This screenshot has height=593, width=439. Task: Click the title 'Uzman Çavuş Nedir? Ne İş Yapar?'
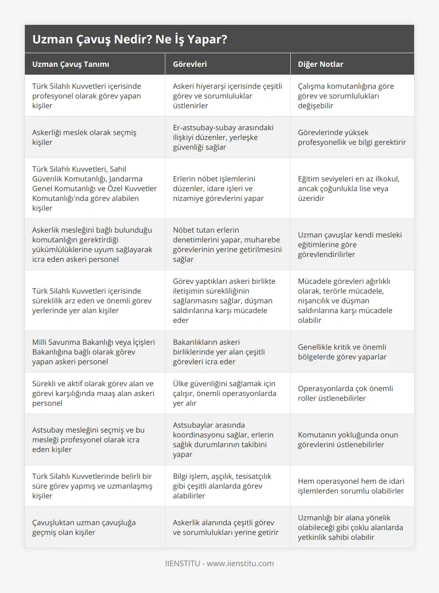130,40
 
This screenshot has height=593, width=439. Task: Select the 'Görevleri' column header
190,64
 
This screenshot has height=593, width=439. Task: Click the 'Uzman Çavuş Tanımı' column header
71,64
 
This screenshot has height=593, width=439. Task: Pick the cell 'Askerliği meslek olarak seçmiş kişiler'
84,137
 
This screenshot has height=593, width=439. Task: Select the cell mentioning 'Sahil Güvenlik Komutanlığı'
95,188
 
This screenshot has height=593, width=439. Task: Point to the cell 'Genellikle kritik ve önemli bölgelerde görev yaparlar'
342,352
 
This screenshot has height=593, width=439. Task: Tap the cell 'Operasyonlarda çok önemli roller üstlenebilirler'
345,393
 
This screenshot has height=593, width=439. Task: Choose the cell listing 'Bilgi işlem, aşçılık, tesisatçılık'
222,486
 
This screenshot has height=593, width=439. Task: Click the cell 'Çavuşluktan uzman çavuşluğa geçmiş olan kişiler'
84,527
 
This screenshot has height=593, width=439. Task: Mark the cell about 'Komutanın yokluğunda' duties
348,439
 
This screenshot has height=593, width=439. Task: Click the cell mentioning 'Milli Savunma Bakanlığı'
94,352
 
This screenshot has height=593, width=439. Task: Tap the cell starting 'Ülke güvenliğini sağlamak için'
224,393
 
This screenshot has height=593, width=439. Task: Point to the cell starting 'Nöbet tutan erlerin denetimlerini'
227,244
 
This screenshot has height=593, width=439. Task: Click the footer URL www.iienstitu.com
240,563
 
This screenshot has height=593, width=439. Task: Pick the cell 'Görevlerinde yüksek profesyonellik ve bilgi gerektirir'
351,137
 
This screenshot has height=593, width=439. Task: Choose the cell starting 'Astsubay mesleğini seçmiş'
88,439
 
